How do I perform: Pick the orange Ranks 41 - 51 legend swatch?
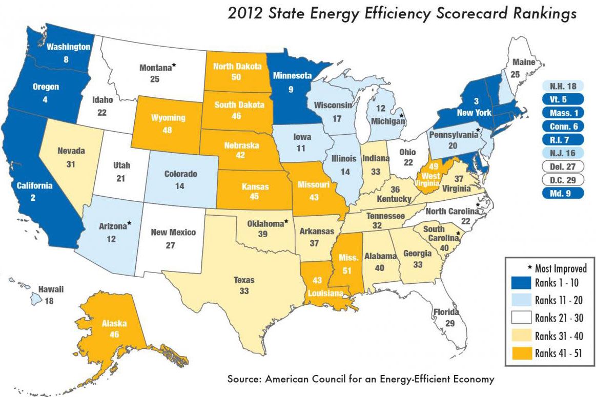[x=521, y=352]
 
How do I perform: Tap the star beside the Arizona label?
[x=129, y=223]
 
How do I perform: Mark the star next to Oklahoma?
[x=286, y=222]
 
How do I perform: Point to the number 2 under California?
[x=33, y=197]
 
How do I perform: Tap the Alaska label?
[x=114, y=323]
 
